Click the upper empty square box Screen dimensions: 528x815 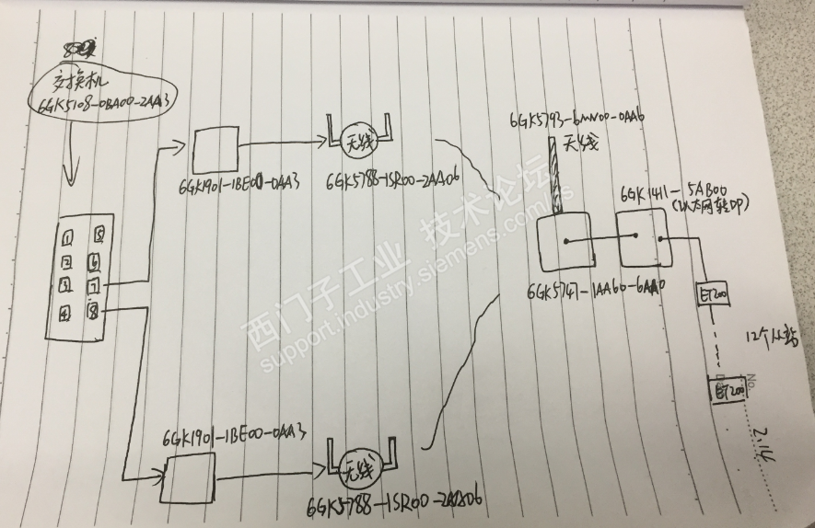pos(216,145)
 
